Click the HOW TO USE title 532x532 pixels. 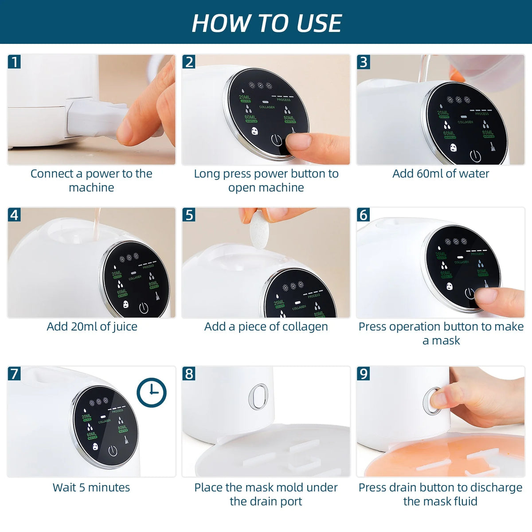pyautogui.click(x=266, y=23)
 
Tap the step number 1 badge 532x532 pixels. pyautogui.click(x=15, y=62)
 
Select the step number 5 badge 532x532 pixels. pyautogui.click(x=189, y=215)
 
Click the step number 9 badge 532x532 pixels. pyautogui.click(x=364, y=374)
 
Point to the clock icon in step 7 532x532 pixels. pyautogui.click(x=151, y=392)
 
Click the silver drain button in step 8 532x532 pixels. pyautogui.click(x=258, y=396)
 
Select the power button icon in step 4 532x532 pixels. pyautogui.click(x=143, y=308)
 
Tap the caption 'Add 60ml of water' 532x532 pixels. pyautogui.click(x=441, y=174)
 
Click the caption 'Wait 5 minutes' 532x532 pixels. pyautogui.click(x=91, y=488)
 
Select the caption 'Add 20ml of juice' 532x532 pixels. pyautogui.click(x=92, y=327)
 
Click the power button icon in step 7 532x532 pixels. pyautogui.click(x=113, y=451)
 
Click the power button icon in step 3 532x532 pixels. pyautogui.click(x=474, y=156)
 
